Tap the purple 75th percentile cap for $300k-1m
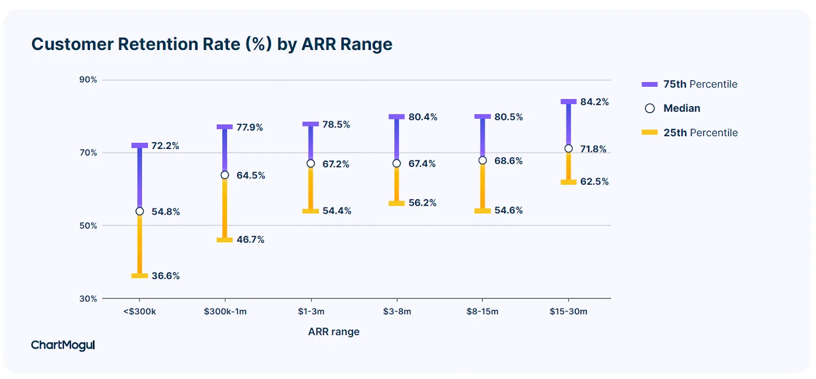pos(224,127)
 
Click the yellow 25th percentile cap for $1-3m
pos(311,211)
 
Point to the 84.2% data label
pos(595,102)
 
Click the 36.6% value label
pos(166,276)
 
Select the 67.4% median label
pos(422,164)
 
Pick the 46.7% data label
pos(250,239)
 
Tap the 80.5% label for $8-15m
pos(508,117)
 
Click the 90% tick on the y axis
pos(88,80)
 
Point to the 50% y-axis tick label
pos(88,225)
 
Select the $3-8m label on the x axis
pos(397,311)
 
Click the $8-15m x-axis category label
pos(482,311)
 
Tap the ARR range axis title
pos(334,332)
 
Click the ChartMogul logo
pos(63,345)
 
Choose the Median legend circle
pos(650,108)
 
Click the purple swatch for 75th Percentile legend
pos(650,84)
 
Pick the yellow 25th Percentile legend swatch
pos(650,132)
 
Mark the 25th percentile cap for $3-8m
pos(397,204)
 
